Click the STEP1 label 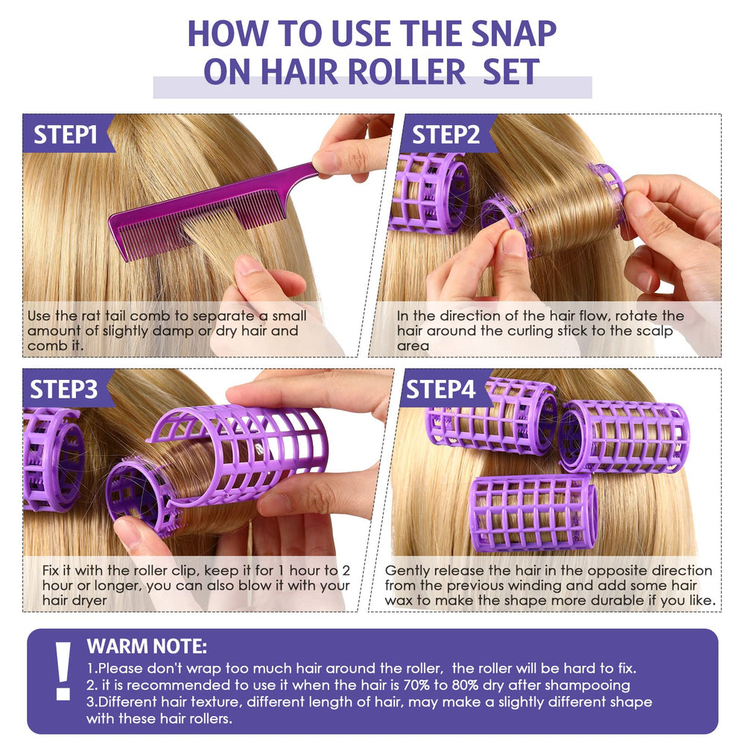pos(66,134)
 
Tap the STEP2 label pos(446,134)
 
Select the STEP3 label pos(63,389)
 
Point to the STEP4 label pos(440,389)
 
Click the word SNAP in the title pos(513,34)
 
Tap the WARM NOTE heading pos(147,647)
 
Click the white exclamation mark pos(63,671)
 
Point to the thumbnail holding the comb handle pos(325,162)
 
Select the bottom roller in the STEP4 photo pos(533,513)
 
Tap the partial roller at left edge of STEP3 pos(53,458)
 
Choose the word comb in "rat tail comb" pos(148,316)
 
